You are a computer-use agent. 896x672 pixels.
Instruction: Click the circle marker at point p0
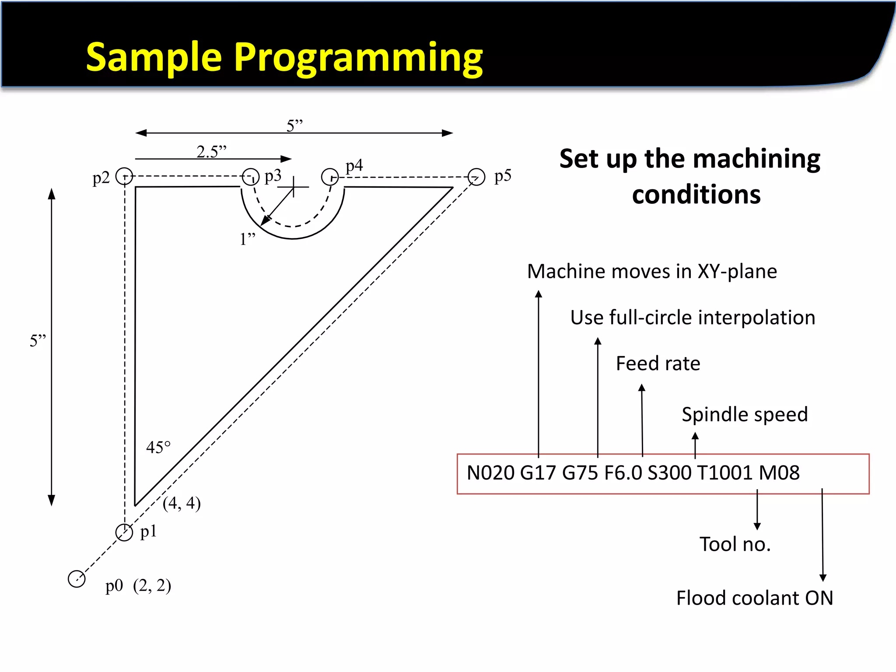pyautogui.click(x=77, y=579)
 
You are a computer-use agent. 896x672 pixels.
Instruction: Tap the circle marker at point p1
pyautogui.click(x=124, y=532)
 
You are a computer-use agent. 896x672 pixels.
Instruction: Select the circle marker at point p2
pyautogui.click(x=124, y=176)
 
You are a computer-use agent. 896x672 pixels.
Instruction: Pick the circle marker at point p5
pyautogui.click(x=476, y=177)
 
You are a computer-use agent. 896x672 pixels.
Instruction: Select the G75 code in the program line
pyautogui.click(x=580, y=473)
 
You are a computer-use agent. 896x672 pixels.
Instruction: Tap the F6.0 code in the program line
pyautogui.click(x=623, y=473)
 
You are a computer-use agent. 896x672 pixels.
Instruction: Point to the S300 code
pyautogui.click(x=669, y=473)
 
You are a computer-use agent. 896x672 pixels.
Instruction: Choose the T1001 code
pyautogui.click(x=724, y=473)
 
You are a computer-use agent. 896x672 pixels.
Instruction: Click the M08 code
pyautogui.click(x=779, y=473)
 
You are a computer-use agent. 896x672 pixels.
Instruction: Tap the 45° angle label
pyautogui.click(x=158, y=447)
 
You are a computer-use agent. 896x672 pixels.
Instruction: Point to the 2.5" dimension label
pyautogui.click(x=211, y=151)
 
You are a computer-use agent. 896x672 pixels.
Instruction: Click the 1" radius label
pyautogui.click(x=247, y=239)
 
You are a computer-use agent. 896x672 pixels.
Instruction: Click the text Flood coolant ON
pyautogui.click(x=754, y=598)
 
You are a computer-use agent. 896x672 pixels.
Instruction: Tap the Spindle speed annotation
pyautogui.click(x=745, y=414)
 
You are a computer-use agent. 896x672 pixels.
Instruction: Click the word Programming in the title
pyautogui.click(x=358, y=57)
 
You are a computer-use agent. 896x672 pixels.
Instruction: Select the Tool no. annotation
pyautogui.click(x=735, y=544)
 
